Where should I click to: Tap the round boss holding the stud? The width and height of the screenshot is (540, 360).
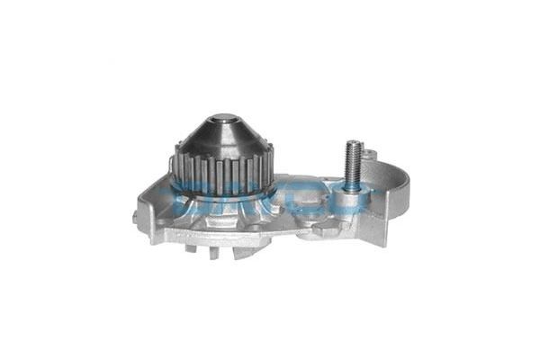coord(352,200)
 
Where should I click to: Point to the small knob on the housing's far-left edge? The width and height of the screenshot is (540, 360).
coord(135,215)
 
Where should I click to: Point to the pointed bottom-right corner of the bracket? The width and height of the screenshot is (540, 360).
coord(385,244)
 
